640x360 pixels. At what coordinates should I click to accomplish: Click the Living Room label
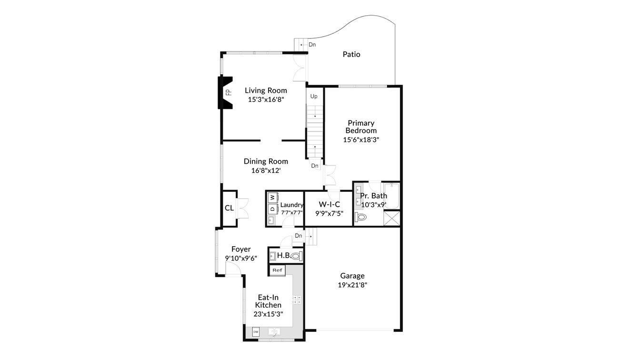[x=266, y=90]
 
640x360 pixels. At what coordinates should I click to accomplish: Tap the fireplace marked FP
[x=227, y=92]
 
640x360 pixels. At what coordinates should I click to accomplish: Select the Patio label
[x=351, y=54]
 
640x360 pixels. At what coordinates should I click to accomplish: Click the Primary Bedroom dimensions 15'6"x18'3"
[x=361, y=140]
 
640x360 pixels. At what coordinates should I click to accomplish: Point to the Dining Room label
[x=266, y=161]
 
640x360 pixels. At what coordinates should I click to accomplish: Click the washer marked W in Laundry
[x=272, y=197]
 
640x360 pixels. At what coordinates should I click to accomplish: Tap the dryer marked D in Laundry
[x=272, y=209]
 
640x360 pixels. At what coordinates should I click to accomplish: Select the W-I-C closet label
[x=330, y=204]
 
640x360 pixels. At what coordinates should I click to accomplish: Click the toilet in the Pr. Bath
[x=361, y=218]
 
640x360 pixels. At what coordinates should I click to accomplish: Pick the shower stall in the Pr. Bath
[x=392, y=218]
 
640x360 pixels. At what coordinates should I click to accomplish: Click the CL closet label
[x=229, y=208]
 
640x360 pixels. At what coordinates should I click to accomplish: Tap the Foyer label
[x=241, y=249]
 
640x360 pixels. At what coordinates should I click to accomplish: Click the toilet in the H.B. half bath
[x=296, y=256]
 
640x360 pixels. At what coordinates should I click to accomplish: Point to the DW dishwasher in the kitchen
[x=256, y=332]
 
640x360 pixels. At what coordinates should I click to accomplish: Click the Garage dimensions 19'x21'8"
[x=352, y=285]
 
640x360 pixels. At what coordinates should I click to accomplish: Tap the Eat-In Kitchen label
[x=268, y=301]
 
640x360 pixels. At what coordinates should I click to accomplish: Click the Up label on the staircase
[x=314, y=97]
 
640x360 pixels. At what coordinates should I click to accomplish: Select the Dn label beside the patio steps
[x=312, y=45]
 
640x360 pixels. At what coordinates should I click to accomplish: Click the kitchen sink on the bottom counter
[x=274, y=332]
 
